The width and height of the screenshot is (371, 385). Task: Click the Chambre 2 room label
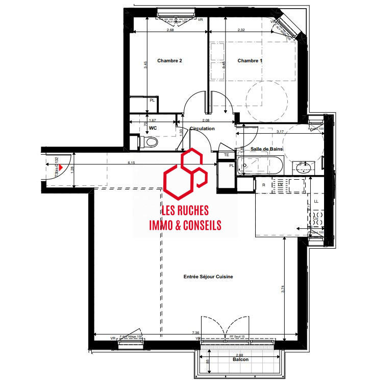point(169,61)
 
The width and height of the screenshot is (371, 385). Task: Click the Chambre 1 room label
point(250,61)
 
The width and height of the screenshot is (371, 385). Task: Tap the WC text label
point(153,128)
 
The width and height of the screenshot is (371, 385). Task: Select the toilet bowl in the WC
point(150,141)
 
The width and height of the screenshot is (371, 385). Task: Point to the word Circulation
point(202,129)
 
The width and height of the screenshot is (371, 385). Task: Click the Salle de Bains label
point(266,149)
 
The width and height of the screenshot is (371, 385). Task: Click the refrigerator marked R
point(264,184)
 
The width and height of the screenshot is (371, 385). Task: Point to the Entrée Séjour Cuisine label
point(208,276)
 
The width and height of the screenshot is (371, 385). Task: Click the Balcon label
point(239,359)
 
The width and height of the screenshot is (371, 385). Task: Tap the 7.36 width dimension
point(195,333)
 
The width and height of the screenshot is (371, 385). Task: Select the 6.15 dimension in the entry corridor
point(131,162)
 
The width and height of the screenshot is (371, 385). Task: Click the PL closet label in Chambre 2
point(152,100)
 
